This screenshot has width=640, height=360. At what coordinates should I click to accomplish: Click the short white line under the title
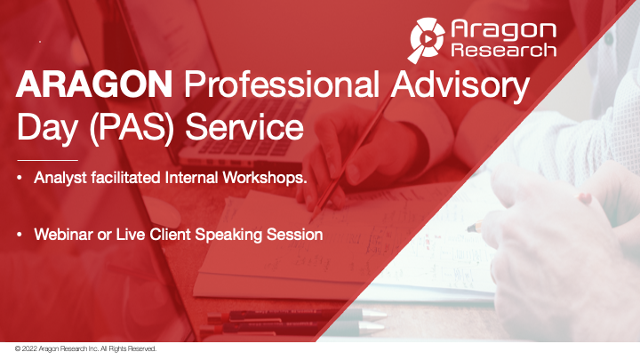point(48,159)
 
